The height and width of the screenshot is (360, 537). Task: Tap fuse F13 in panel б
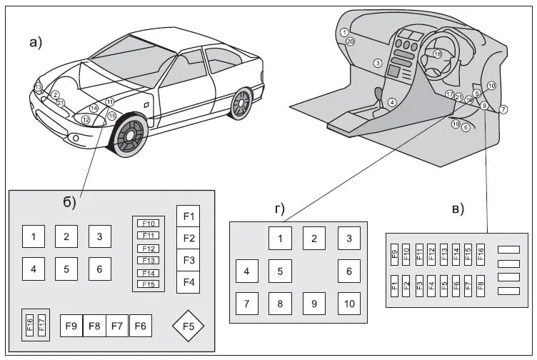pos(149,260)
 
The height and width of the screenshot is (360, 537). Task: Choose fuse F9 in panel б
pos(71,326)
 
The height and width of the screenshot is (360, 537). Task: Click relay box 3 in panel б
pos(100,236)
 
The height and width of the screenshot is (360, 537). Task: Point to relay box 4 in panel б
pos(33,269)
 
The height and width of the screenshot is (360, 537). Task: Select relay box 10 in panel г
pos(348,304)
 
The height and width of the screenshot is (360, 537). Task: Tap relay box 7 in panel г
pos(247,304)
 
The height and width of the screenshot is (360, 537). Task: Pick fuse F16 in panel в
pos(481,253)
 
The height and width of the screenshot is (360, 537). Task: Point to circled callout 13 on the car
pos(38,87)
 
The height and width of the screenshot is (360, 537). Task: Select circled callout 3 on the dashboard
pos(376,64)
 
